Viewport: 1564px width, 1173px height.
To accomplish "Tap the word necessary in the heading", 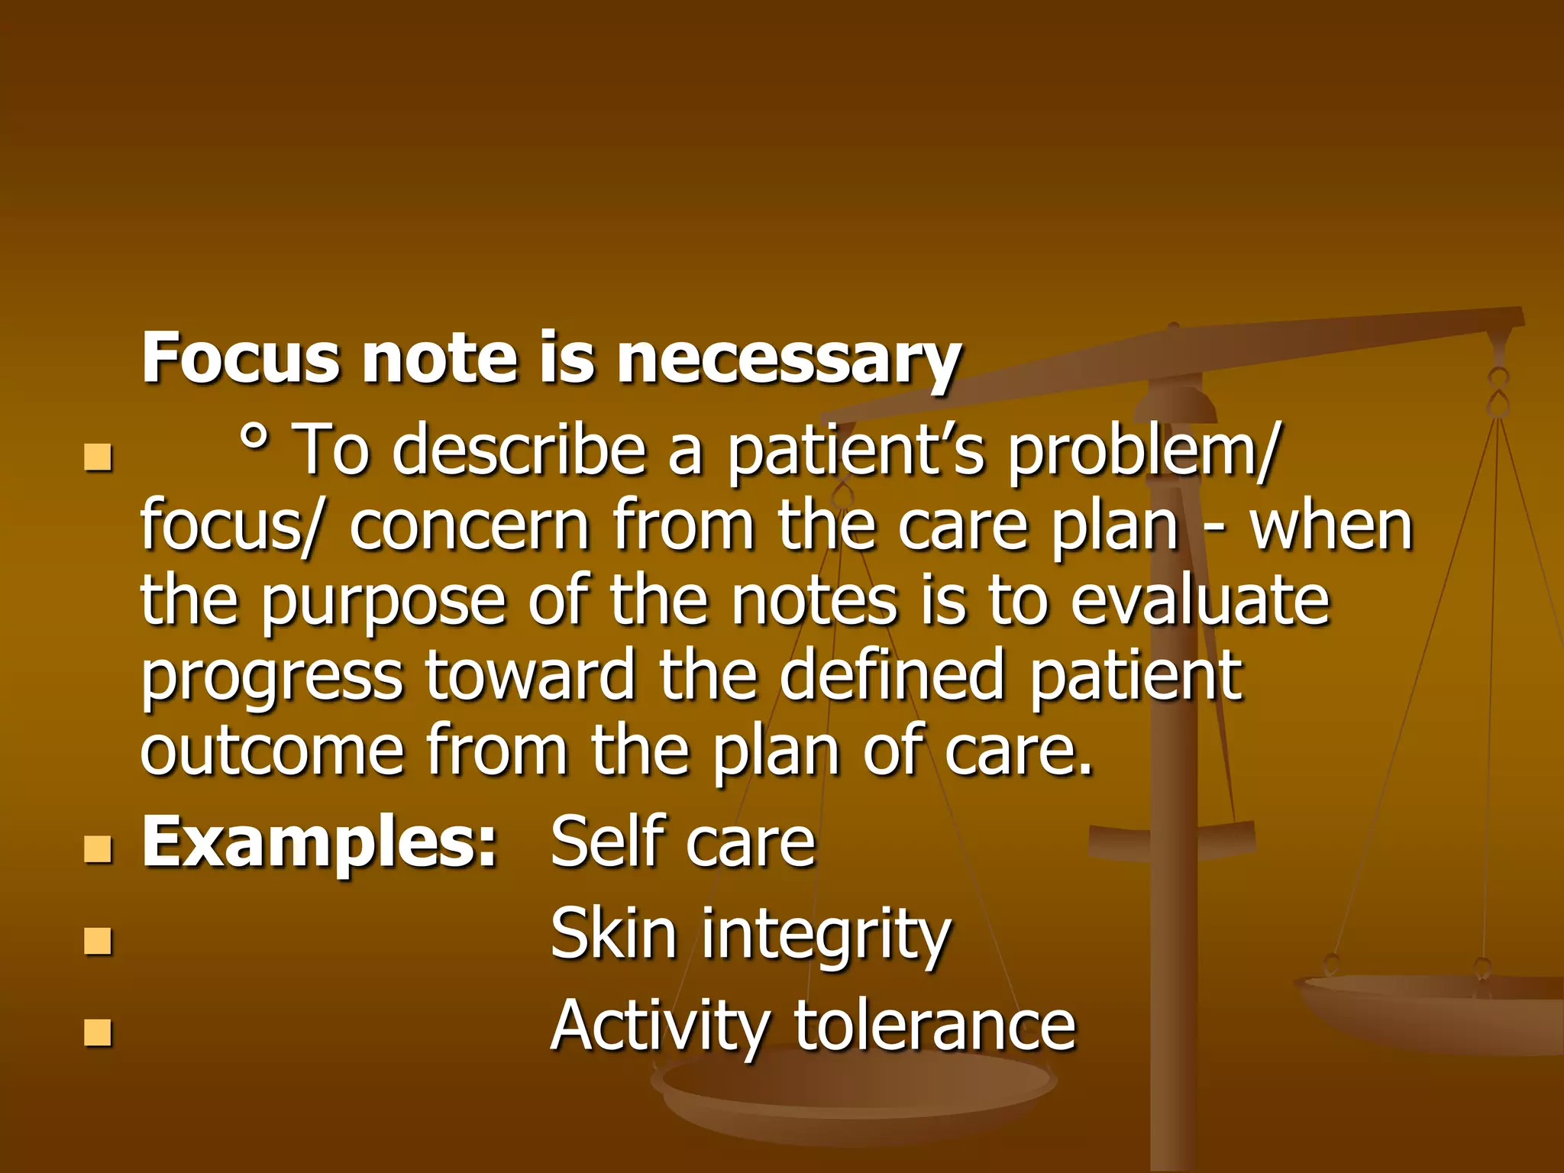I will click(x=788, y=359).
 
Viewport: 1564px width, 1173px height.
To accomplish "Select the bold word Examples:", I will click(x=320, y=842).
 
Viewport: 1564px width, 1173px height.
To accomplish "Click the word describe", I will click(x=519, y=450).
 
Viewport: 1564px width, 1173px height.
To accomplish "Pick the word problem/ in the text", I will click(x=1141, y=450).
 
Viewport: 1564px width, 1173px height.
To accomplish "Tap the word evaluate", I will click(x=1200, y=601).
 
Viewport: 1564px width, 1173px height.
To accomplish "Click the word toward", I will click(x=530, y=675).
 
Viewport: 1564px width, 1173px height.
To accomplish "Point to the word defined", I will click(x=891, y=675).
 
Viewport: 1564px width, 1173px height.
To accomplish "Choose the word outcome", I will click(x=271, y=751).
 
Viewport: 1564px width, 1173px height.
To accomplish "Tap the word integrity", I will click(x=826, y=936).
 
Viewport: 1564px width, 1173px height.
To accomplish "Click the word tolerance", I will click(x=935, y=1026).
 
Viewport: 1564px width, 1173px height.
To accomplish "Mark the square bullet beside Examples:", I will click(x=99, y=849).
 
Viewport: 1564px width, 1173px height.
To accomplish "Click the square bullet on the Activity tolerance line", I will click(x=99, y=1032).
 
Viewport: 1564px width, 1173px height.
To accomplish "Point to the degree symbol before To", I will click(x=254, y=436).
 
